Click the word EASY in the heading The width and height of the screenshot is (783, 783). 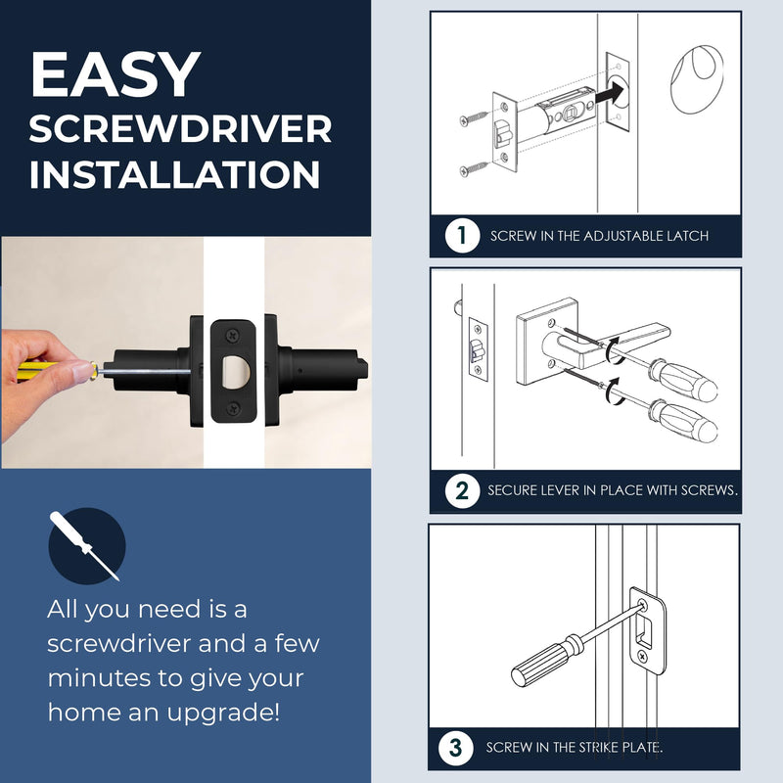point(115,74)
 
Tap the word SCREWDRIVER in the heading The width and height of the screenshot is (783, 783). point(180,129)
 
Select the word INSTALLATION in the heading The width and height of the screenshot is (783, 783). point(175,175)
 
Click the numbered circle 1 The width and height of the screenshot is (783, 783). point(462,235)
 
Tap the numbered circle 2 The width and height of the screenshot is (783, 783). point(462,491)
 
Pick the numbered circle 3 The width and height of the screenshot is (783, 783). point(455,748)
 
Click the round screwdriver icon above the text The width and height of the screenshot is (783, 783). point(87,546)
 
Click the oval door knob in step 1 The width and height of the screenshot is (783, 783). point(697,79)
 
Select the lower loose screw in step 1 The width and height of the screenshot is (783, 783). point(474,168)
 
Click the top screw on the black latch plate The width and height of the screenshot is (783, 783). point(233,335)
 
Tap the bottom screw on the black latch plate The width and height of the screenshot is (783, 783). point(233,409)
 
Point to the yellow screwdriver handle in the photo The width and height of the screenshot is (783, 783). point(37,372)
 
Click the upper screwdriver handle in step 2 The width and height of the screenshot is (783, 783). point(683,379)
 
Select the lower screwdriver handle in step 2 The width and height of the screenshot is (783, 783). point(683,421)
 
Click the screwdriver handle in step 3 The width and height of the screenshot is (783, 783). point(546,661)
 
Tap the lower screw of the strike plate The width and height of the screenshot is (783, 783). point(642,655)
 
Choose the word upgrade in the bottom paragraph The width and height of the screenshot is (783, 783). point(223,713)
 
